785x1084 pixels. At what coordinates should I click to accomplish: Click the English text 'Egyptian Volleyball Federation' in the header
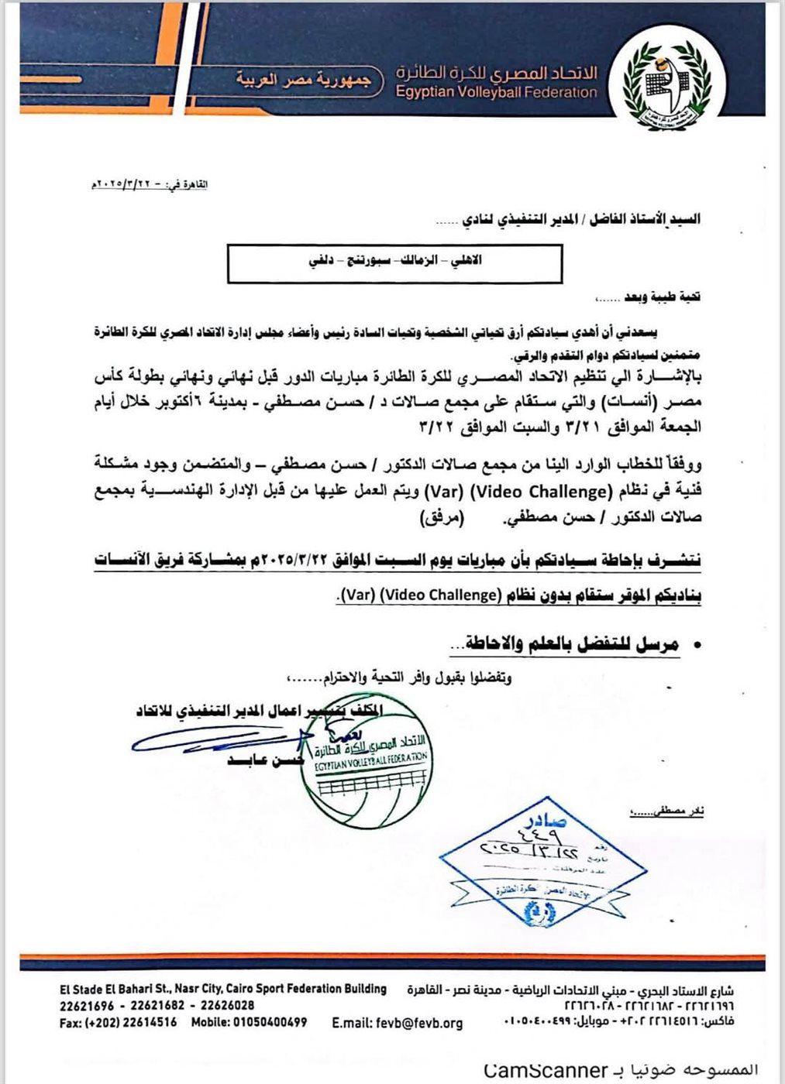497,92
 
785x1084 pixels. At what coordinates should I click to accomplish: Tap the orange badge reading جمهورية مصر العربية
303,79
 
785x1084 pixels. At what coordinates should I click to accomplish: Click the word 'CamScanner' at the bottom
545,1070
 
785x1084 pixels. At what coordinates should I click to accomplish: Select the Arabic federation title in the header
497,74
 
